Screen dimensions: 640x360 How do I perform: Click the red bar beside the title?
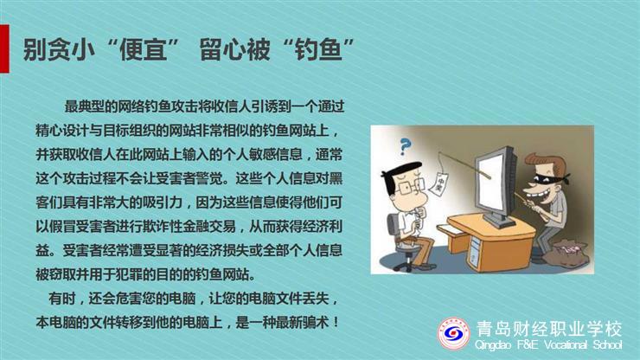tap(4, 48)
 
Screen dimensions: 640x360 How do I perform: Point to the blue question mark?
tap(405, 147)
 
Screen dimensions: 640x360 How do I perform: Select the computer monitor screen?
tap(494, 184)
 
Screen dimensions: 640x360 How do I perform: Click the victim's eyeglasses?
tap(409, 187)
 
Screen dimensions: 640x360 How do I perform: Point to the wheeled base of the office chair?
tap(408, 260)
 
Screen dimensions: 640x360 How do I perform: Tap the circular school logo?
tap(453, 334)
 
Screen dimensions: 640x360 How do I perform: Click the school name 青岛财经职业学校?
tap(549, 329)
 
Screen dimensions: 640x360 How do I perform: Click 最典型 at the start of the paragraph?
tap(84, 106)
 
